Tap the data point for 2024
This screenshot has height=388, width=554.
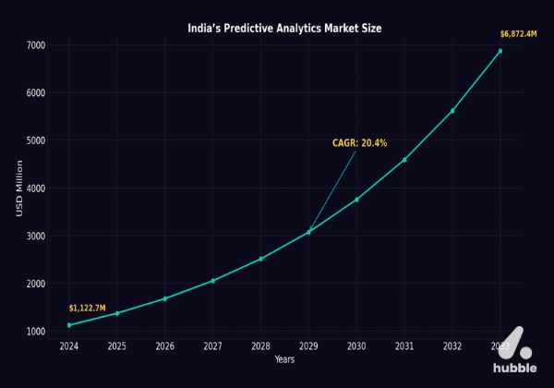pos(69,325)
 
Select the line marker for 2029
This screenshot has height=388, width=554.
pos(308,232)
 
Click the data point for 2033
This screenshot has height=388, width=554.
pos(500,52)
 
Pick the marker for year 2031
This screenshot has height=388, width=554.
pos(404,160)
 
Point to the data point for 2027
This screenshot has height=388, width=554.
pos(212,281)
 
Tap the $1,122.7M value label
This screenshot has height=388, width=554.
pos(88,308)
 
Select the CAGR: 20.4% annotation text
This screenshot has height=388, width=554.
pos(359,143)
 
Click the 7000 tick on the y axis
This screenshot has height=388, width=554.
pos(36,45)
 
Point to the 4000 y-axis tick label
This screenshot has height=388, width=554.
pos(36,188)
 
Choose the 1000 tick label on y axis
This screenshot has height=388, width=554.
pos(36,332)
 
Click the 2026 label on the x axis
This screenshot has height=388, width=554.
pos(164,346)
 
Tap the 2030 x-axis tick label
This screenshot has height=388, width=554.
pos(356,346)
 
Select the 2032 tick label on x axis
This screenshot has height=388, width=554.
pos(452,346)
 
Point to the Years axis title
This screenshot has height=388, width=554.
pos(284,359)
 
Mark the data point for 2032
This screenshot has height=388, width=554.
pos(452,111)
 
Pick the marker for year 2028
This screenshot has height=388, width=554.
pos(260,259)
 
